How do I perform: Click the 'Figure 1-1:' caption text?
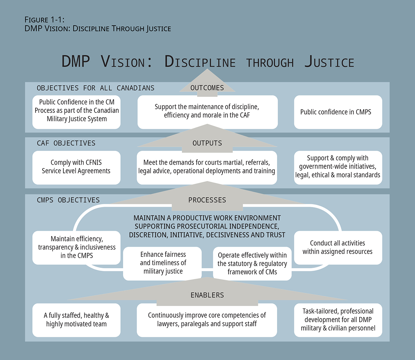point(44,20)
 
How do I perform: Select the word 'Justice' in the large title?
point(329,62)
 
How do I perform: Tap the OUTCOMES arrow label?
point(207,88)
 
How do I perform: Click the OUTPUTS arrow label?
point(207,143)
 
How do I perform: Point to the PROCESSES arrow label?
point(207,200)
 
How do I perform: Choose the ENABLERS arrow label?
point(207,295)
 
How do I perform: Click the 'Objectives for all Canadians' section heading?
point(95,88)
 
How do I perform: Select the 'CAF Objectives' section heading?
point(66,143)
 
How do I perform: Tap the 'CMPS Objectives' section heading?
point(68,200)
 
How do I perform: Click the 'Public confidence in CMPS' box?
point(338,112)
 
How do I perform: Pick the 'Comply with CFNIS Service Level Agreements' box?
point(76,167)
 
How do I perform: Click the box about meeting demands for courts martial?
point(207,167)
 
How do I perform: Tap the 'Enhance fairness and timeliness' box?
point(163,263)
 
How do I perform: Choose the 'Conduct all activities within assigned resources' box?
point(338,247)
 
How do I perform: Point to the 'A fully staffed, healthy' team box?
point(76,320)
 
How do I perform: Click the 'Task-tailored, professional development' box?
point(338,320)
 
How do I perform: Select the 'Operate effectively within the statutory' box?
point(252,263)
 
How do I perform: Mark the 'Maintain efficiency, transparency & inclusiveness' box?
point(76,247)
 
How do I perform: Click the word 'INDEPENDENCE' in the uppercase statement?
point(256,226)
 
